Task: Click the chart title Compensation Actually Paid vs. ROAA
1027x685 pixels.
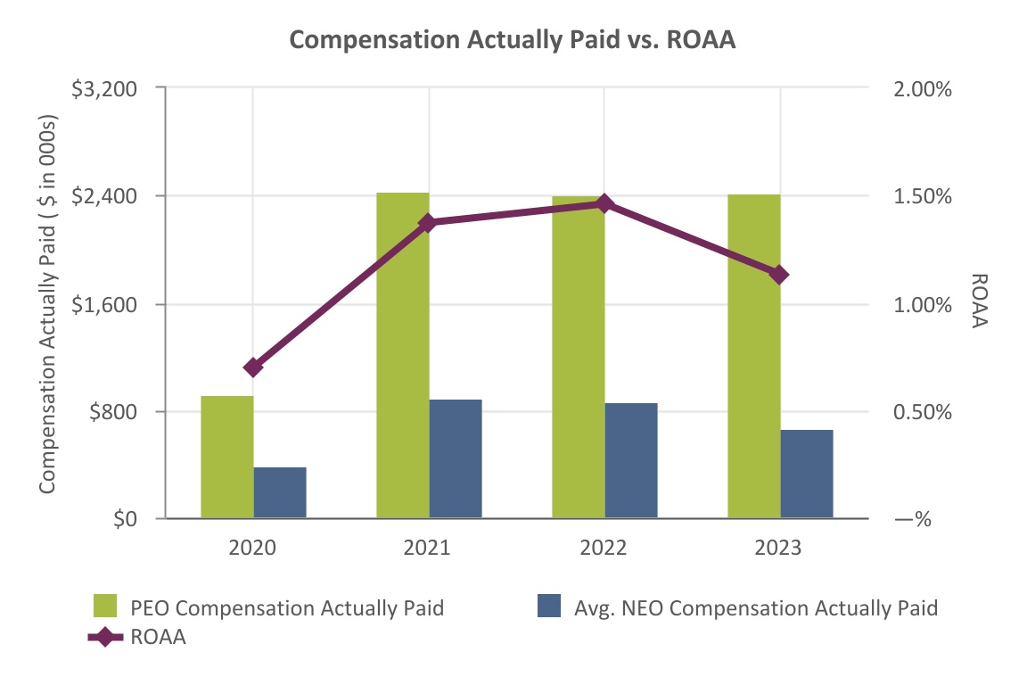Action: (x=513, y=41)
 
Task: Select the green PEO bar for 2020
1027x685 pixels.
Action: (x=227, y=457)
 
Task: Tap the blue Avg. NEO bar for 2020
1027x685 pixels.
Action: (x=280, y=492)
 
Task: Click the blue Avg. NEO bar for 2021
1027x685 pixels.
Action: (x=456, y=458)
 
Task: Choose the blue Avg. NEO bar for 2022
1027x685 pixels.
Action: (x=631, y=460)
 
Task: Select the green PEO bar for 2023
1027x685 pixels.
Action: (x=754, y=356)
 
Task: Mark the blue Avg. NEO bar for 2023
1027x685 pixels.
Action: (x=807, y=474)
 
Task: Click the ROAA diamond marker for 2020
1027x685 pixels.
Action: (x=253, y=367)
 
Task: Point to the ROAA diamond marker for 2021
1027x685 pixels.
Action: (x=429, y=222)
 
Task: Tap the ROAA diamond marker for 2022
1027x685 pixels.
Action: (x=605, y=203)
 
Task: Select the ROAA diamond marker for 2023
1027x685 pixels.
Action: (x=780, y=274)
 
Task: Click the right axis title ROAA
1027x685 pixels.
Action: (x=979, y=301)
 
